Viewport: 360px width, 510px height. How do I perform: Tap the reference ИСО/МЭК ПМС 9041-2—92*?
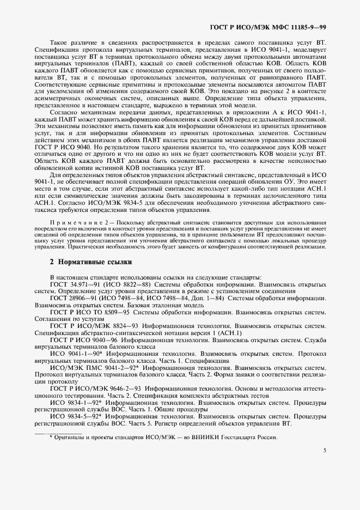(x=88, y=368)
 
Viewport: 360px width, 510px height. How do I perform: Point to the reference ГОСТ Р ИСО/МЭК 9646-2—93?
(x=93, y=388)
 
